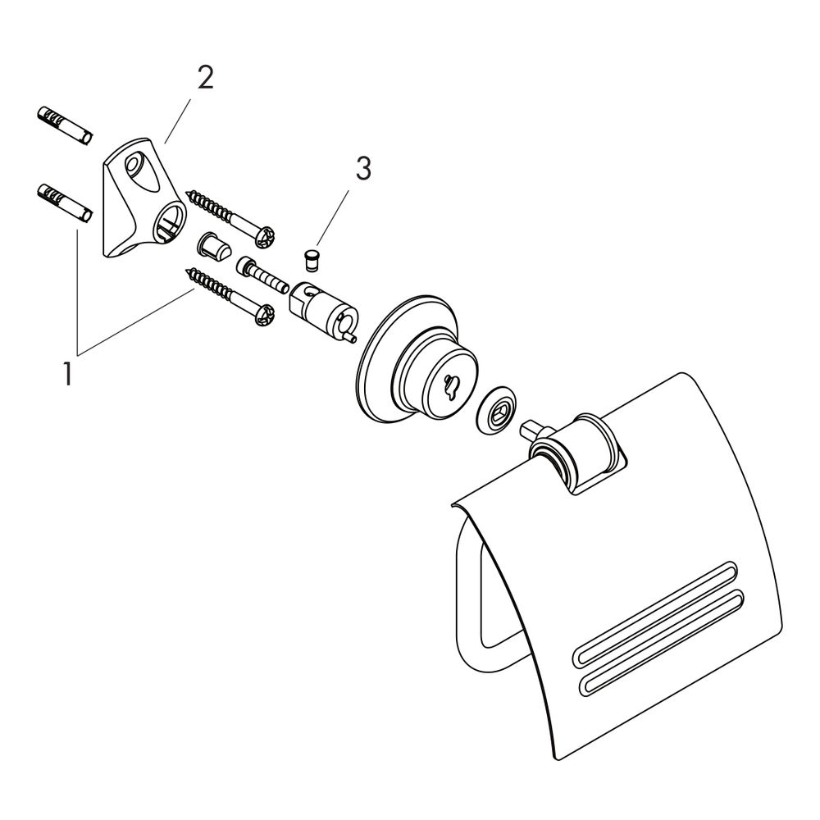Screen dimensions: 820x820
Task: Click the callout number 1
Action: click(67, 374)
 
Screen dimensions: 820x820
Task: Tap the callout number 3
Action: click(363, 170)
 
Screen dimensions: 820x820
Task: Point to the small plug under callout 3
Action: click(312, 261)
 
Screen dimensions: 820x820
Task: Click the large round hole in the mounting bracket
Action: click(171, 223)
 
